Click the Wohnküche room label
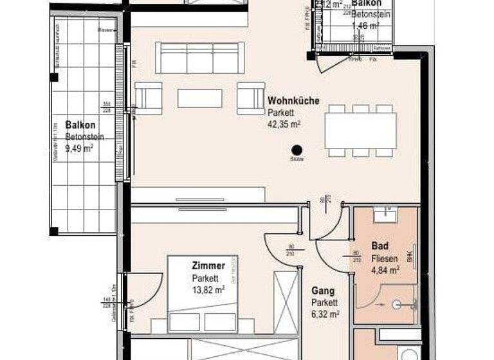293,101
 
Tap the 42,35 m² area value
284,124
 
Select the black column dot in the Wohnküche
297,148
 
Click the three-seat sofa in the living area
201,59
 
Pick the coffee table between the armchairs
199,98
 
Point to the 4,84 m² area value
385,269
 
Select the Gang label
322,291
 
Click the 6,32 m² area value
325,314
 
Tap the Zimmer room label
208,265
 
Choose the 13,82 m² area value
208,289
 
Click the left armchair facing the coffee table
149,98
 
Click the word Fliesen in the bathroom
384,258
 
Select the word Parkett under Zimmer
205,278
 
